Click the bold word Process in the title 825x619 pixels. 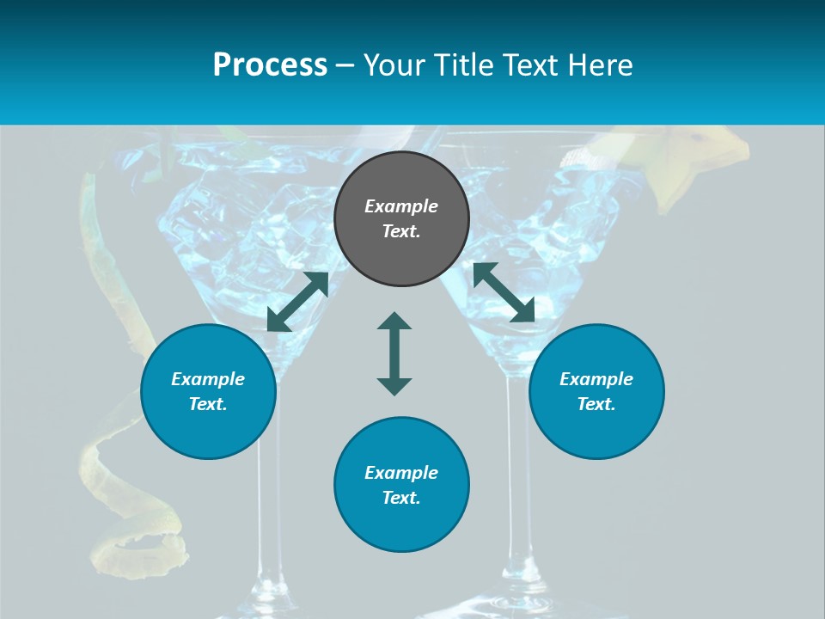[x=270, y=65]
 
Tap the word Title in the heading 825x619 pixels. [x=461, y=65]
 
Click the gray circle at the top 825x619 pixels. [x=401, y=219]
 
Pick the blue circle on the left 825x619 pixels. [x=208, y=391]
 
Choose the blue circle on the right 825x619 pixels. [x=596, y=391]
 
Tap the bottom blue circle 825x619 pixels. [x=401, y=484]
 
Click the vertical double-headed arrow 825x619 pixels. [x=394, y=353]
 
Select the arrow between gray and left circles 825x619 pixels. [x=297, y=302]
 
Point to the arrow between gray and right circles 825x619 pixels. [x=504, y=292]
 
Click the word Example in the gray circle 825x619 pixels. [x=401, y=206]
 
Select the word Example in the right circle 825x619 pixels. [x=596, y=379]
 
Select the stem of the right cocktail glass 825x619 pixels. [x=516, y=481]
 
